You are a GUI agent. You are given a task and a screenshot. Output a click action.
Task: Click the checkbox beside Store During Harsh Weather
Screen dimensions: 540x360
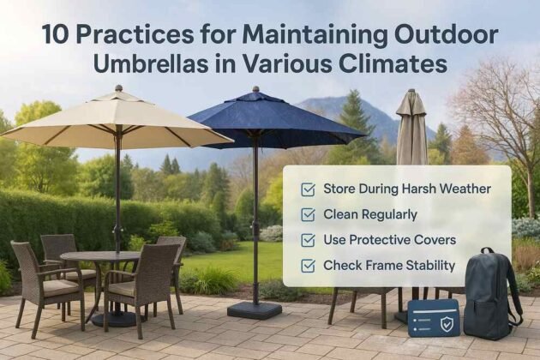click(308, 189)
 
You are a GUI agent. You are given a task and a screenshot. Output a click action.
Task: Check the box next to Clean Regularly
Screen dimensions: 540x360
click(308, 215)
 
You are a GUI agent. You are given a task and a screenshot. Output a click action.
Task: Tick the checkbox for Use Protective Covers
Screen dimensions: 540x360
click(308, 240)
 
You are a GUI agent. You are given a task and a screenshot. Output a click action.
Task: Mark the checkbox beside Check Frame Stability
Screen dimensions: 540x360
click(308, 266)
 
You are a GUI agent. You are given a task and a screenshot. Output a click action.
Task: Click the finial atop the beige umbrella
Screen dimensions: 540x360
click(118, 87)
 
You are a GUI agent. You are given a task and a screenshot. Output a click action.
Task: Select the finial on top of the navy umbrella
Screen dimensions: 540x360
click(255, 89)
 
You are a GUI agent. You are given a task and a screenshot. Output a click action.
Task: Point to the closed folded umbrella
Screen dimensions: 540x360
click(411, 128)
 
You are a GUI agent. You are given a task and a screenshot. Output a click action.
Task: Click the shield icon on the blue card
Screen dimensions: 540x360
click(447, 324)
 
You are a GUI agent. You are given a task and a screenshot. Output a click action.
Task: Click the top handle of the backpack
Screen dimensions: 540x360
click(488, 250)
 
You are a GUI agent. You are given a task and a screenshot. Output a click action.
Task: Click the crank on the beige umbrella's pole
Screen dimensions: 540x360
click(117, 230)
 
